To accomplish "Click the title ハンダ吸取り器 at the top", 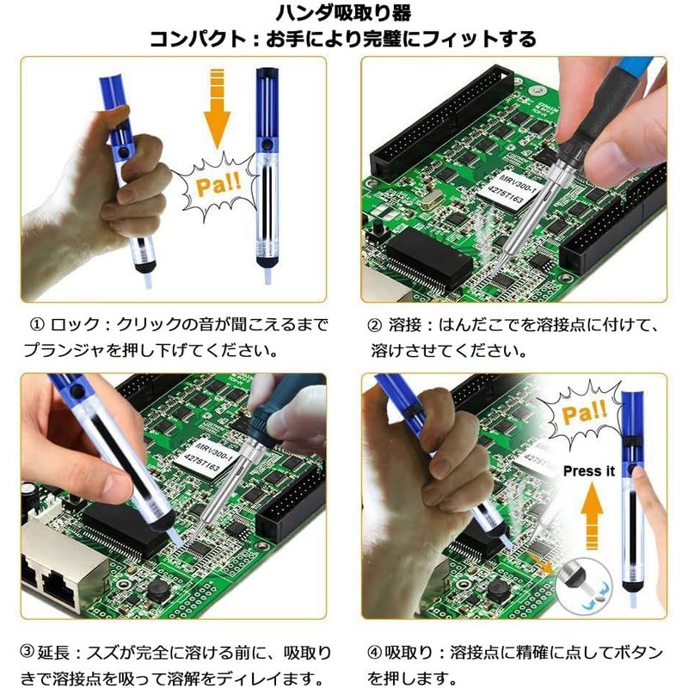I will (x=343, y=13).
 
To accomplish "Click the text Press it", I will (x=589, y=470).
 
